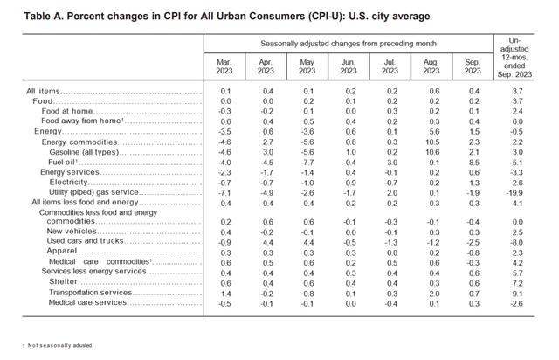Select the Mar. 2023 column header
224,66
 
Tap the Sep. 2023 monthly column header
474,66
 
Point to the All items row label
44,91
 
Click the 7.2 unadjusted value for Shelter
521,282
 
